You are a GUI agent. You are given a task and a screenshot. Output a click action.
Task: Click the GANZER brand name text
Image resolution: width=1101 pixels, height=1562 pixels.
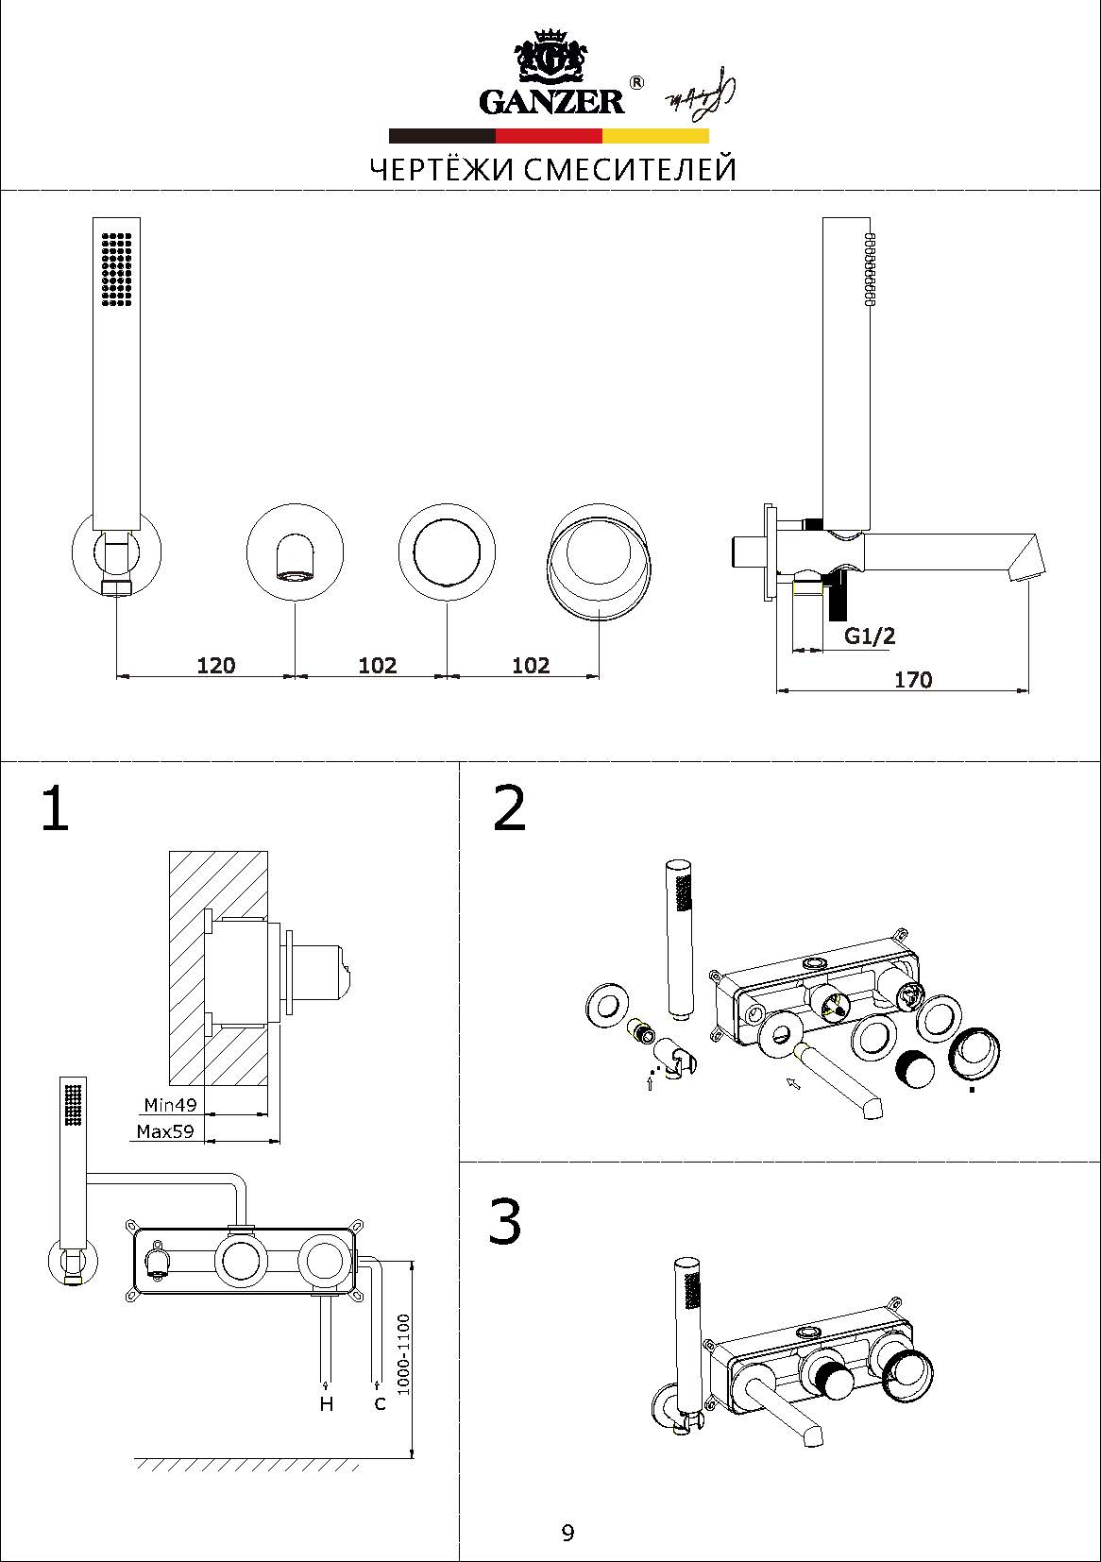pyautogui.click(x=551, y=101)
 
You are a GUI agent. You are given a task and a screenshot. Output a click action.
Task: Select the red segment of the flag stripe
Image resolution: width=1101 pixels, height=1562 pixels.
pyautogui.click(x=549, y=135)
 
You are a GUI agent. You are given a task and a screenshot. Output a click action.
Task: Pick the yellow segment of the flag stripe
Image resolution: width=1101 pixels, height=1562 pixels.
pyautogui.click(x=655, y=135)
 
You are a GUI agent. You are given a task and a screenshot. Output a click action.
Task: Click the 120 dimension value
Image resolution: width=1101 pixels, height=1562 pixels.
pyautogui.click(x=215, y=665)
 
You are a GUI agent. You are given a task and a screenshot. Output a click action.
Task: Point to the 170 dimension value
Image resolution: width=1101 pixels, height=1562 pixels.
pyautogui.click(x=912, y=679)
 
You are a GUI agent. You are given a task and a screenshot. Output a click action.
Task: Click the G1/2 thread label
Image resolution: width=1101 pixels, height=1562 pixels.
pyautogui.click(x=869, y=636)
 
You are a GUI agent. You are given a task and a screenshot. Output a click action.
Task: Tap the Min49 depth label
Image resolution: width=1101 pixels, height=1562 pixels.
pyautogui.click(x=170, y=1104)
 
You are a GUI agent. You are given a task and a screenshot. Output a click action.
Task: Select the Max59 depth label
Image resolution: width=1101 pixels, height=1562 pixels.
pyautogui.click(x=165, y=1130)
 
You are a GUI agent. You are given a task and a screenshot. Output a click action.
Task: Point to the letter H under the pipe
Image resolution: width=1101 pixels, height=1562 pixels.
pyautogui.click(x=327, y=1404)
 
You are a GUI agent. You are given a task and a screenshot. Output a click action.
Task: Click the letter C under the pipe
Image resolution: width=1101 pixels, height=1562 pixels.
pyautogui.click(x=380, y=1403)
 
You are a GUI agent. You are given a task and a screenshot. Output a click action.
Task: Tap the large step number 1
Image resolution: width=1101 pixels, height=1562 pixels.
pyautogui.click(x=55, y=809)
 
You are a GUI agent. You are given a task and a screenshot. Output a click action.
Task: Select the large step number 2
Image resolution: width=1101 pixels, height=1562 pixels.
pyautogui.click(x=510, y=808)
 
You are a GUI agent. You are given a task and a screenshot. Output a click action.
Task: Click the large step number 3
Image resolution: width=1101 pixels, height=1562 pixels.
pyautogui.click(x=505, y=1222)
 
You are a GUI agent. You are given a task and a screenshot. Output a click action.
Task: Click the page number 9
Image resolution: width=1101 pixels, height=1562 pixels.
pyautogui.click(x=567, y=1532)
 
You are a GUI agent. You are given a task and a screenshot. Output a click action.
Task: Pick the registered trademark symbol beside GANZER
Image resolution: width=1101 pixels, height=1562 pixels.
pyautogui.click(x=637, y=83)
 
